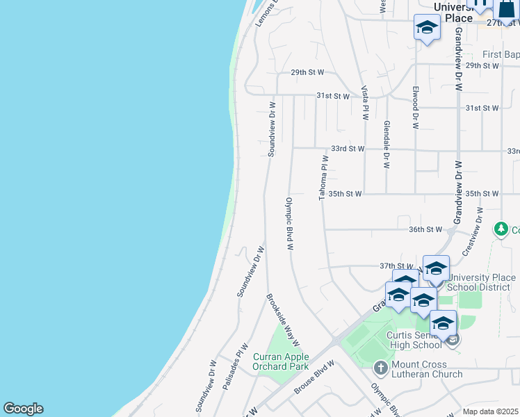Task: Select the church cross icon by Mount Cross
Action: [x=380, y=367]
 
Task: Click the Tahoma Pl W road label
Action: [x=323, y=179]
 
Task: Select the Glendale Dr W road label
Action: [x=387, y=145]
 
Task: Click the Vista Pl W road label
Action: [x=364, y=103]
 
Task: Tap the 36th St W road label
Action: [x=425, y=229]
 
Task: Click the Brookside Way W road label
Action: [x=283, y=320]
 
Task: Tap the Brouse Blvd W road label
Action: [x=314, y=377]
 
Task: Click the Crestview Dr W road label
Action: [x=472, y=229]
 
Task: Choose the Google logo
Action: [x=23, y=409]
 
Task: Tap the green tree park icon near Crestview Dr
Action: [x=501, y=229]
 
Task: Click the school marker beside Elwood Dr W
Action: [x=426, y=28]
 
